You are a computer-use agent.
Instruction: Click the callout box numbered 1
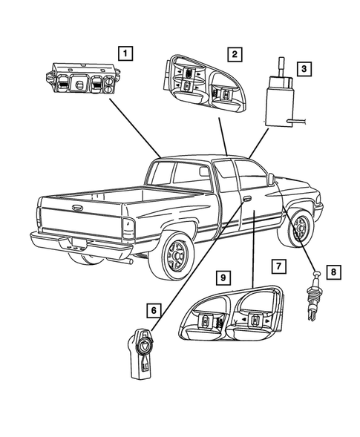(x=127, y=53)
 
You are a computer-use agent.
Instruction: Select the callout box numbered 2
(x=234, y=53)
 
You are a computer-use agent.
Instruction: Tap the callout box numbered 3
(x=303, y=69)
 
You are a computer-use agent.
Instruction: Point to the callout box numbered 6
(x=154, y=310)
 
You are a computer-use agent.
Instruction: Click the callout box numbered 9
(x=221, y=277)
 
